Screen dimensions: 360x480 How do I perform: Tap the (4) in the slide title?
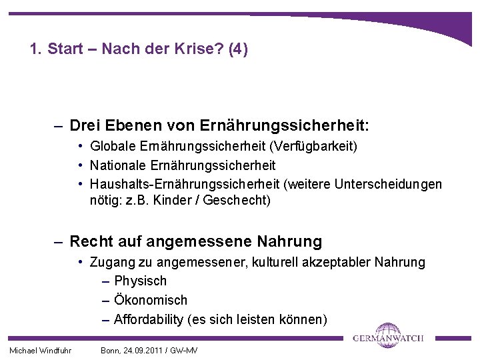tap(237, 49)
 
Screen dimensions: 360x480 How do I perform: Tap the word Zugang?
tap(111, 262)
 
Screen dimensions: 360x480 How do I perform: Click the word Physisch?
tap(140, 281)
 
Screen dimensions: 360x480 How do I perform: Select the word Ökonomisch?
tap(151, 300)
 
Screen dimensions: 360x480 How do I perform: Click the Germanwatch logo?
tap(388, 335)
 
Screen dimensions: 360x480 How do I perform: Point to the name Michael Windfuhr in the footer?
tap(40, 350)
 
